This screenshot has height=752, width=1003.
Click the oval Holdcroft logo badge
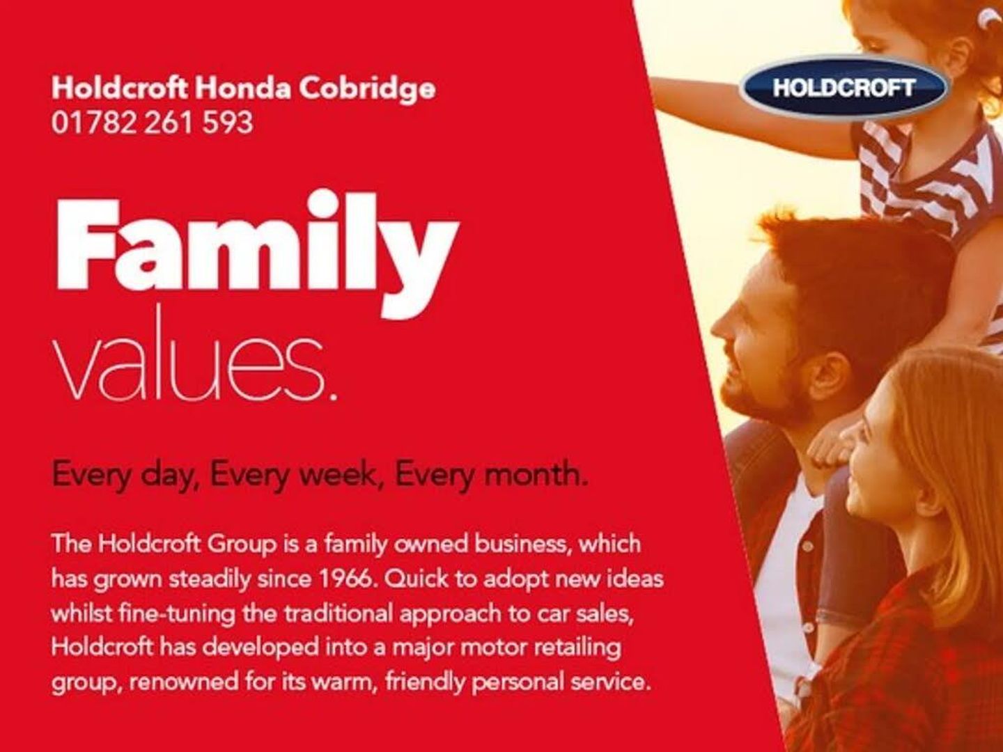point(844,88)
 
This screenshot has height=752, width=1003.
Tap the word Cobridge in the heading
point(367,88)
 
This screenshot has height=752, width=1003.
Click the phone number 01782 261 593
point(152,123)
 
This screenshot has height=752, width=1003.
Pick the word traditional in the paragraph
point(339,614)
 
